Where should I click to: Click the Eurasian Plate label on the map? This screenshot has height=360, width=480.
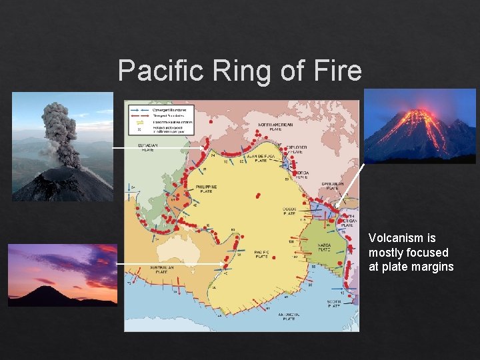click(x=148, y=147)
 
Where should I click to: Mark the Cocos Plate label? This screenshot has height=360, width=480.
click(x=289, y=212)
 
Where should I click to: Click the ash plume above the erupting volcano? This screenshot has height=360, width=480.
click(x=60, y=133)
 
